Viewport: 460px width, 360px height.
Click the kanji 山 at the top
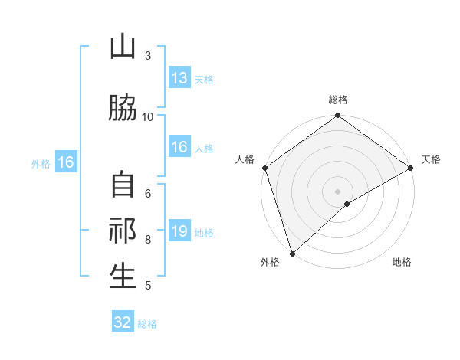click(123, 47)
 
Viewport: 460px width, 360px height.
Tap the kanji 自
click(123, 186)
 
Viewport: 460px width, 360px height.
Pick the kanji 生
click(123, 276)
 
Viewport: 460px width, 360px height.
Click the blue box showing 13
click(179, 78)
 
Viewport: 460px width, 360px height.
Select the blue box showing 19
click(179, 231)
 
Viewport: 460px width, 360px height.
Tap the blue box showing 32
click(123, 322)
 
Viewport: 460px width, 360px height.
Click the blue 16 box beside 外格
click(65, 162)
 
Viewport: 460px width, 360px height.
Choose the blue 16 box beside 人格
click(179, 148)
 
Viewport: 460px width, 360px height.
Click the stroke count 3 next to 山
click(148, 56)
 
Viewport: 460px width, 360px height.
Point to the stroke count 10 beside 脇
click(148, 116)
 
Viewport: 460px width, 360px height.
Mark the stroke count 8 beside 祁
click(148, 240)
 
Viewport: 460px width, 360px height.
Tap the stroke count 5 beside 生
click(148, 286)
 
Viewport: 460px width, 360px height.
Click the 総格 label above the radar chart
click(337, 100)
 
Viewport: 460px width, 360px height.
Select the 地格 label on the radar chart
click(402, 263)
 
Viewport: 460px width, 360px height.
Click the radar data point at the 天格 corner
click(412, 168)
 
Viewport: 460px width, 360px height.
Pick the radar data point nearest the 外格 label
click(291, 254)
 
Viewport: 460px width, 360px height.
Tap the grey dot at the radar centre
click(337, 191)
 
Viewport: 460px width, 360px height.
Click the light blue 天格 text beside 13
click(204, 80)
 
